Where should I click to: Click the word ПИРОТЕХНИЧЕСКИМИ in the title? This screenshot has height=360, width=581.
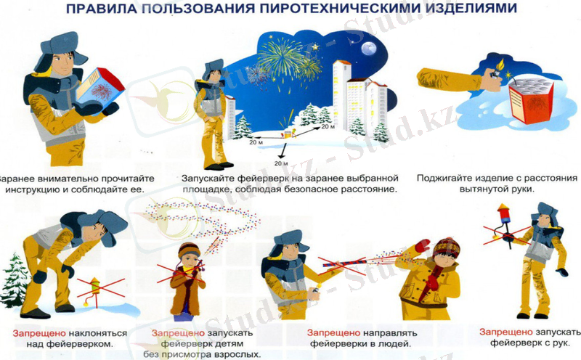tap(326, 9)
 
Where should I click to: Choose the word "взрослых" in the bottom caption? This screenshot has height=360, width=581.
tap(237, 354)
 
